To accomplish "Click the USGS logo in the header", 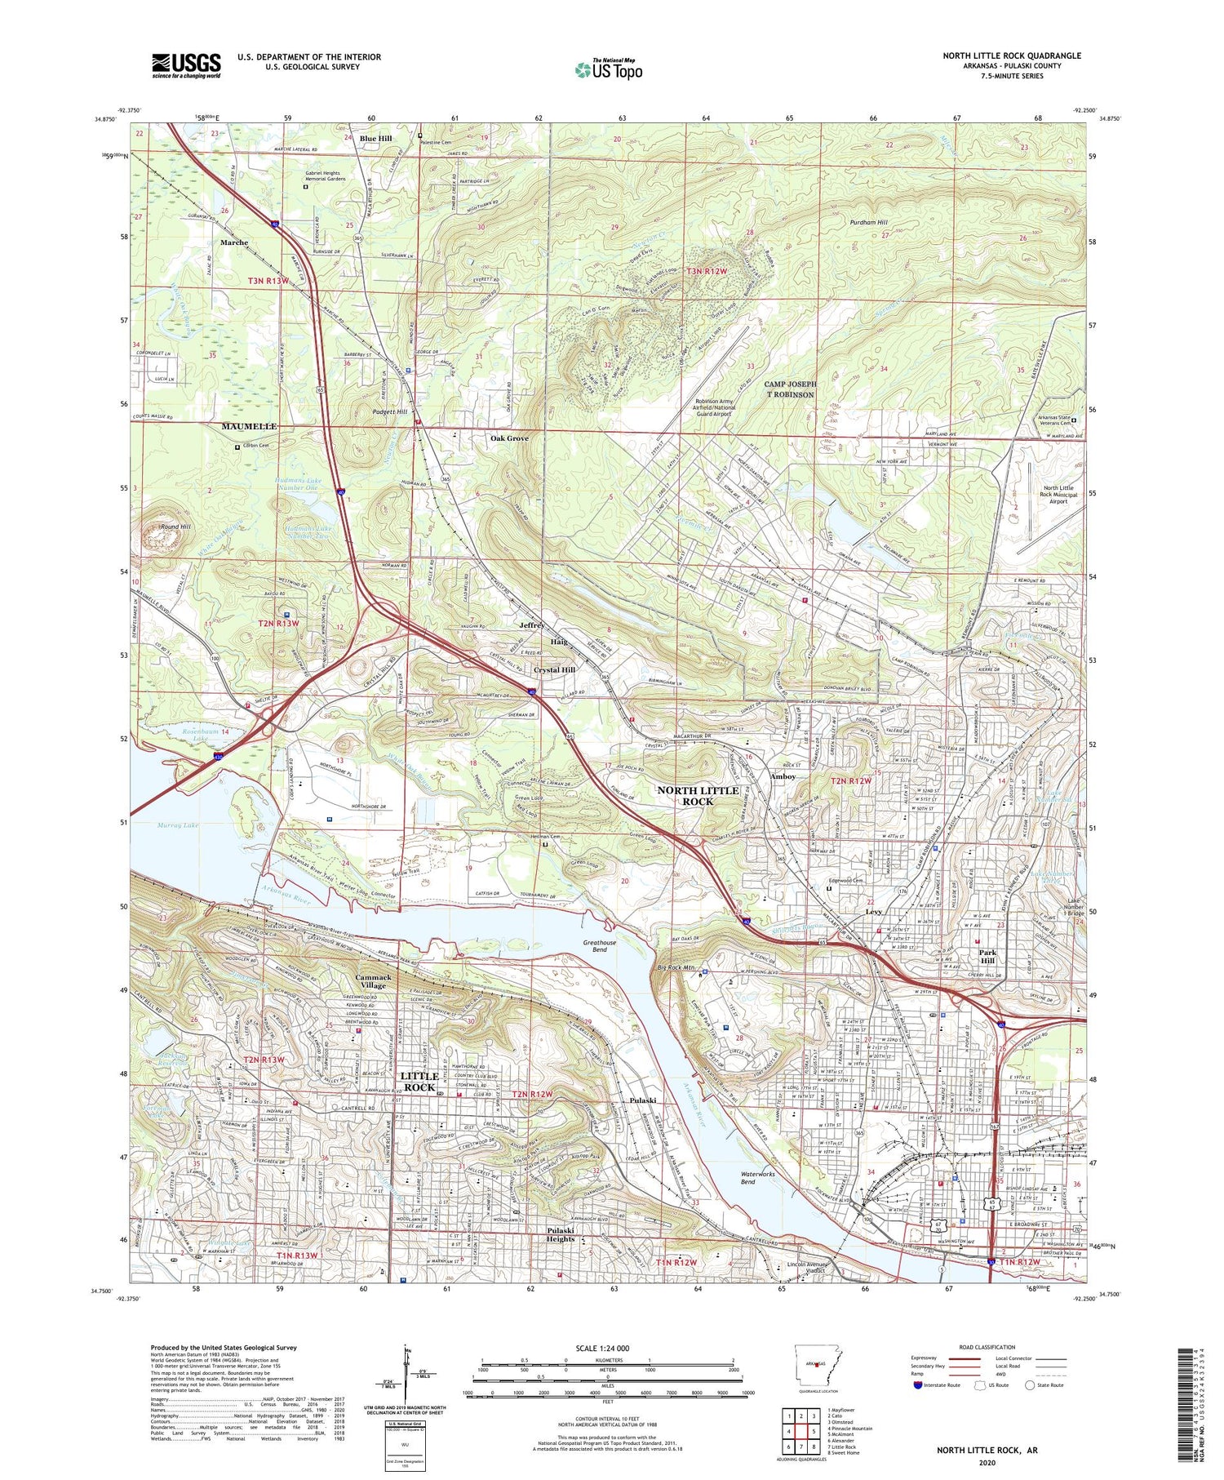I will [186, 65].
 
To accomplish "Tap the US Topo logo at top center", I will [608, 69].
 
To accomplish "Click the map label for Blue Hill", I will [375, 139].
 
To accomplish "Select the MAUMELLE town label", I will [249, 427].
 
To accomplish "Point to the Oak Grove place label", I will [509, 438].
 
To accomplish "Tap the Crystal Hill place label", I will [554, 669].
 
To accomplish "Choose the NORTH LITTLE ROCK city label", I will [698, 795].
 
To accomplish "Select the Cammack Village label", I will [374, 981].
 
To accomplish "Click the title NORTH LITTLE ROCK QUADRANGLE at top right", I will [1012, 56].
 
